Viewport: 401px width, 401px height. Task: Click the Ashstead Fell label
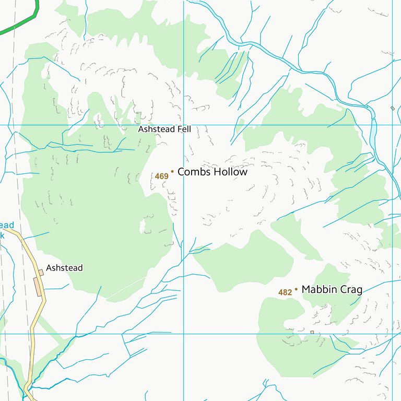(164, 129)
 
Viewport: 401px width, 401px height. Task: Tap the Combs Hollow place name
(212, 172)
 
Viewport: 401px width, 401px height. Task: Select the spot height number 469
(161, 176)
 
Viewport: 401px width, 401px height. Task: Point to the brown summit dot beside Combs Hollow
(172, 171)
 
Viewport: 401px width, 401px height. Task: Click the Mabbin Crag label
(332, 289)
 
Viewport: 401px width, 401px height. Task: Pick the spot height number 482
(285, 292)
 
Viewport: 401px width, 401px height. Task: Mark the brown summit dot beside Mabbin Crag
(296, 289)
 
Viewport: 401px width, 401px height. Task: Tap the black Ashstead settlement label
(64, 268)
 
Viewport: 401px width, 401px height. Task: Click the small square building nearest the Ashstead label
(41, 273)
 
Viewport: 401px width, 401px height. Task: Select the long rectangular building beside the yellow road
(38, 287)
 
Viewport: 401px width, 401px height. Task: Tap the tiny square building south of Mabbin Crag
(312, 332)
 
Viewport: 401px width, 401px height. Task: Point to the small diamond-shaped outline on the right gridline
(393, 108)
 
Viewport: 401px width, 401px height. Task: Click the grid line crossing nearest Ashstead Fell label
(184, 125)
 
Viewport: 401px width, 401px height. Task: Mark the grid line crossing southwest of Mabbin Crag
(184, 334)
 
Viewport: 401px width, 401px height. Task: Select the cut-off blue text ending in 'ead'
(7, 226)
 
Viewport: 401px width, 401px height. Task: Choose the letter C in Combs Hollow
(182, 172)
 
